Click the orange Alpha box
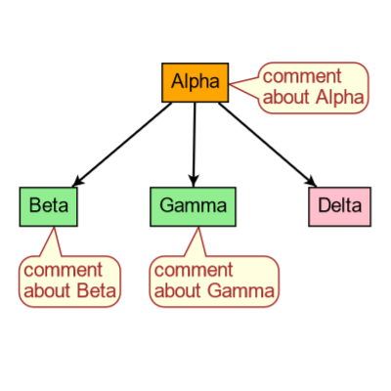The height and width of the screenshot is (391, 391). point(195,82)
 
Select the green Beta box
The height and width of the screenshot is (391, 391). point(48,205)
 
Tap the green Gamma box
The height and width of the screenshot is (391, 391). point(193,205)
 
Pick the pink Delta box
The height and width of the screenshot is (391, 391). point(339,205)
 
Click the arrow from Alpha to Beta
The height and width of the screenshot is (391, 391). point(122,143)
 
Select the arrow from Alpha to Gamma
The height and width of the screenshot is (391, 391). point(194,142)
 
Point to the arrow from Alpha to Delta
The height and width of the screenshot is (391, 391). point(266,142)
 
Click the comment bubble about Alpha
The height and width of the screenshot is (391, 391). point(314,86)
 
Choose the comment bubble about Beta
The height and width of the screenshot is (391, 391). point(69,280)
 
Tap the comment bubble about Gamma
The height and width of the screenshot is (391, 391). point(214,280)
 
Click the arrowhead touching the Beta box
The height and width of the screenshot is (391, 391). point(79,179)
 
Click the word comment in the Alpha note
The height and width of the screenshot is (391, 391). point(302,76)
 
